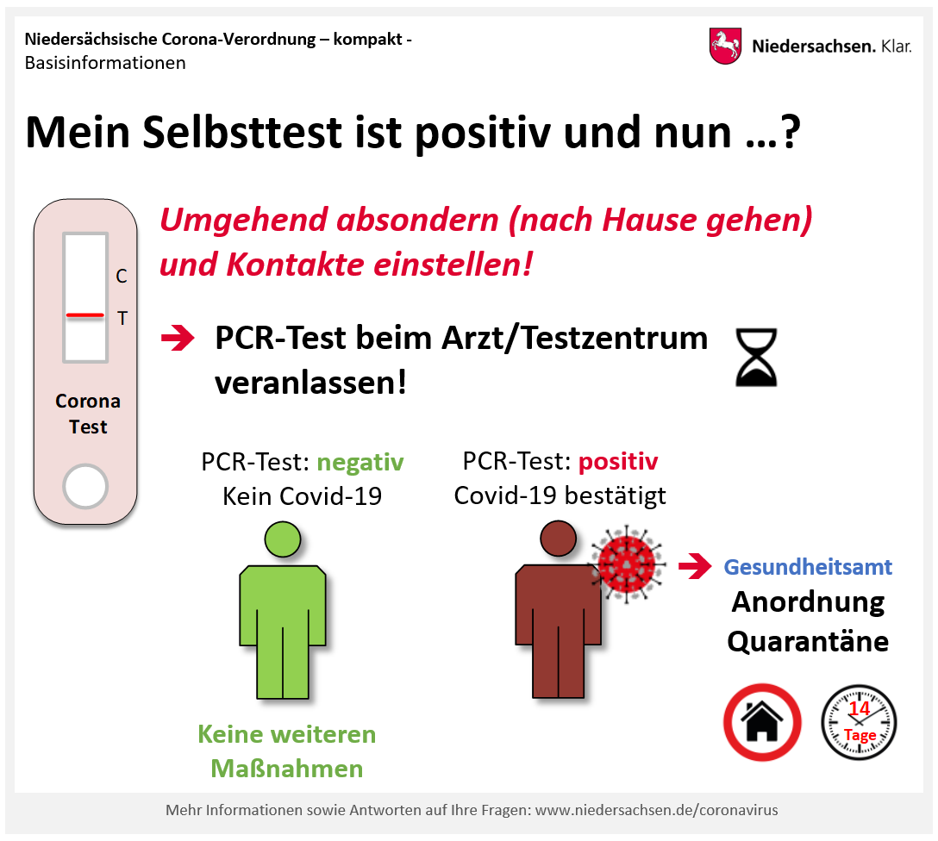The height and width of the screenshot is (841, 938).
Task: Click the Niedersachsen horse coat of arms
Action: pos(725,46)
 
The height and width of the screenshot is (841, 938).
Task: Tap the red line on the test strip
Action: pos(85,315)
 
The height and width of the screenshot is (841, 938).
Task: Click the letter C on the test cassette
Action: pos(122,276)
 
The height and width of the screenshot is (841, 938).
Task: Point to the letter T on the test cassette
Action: pos(122,318)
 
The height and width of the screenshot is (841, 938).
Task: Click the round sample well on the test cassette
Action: pos(85,487)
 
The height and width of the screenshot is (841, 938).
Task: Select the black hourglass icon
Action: pos(756,357)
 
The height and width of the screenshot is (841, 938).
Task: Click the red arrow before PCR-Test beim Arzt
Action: pos(178,338)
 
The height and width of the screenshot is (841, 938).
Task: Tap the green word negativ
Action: pos(360,463)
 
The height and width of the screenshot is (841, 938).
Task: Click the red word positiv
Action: pos(618,462)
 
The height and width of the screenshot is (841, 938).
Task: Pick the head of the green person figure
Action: pos(283,539)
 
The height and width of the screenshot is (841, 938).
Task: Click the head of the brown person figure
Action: pos(558,538)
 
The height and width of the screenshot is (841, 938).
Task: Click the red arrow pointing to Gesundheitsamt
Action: pos(695,566)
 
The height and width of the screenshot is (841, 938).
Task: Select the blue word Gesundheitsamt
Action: pos(808,567)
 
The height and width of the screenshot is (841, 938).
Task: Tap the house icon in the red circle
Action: pos(762,722)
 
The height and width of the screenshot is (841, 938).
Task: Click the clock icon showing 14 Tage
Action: pos(859,722)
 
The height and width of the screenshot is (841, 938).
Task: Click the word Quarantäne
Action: pos(808,642)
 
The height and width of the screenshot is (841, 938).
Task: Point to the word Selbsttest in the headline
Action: pos(242,132)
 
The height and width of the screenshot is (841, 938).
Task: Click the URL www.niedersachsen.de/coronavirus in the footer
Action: pos(656,811)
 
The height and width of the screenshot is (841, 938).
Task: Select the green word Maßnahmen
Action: pos(287,769)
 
